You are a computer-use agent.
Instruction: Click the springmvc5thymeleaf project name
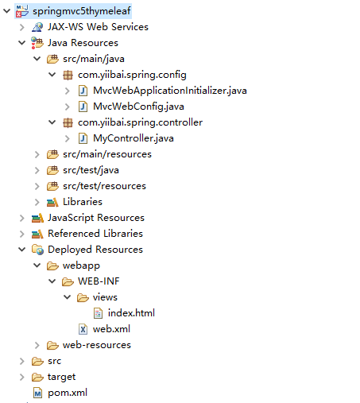[82, 11]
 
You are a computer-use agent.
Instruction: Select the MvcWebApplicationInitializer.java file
[170, 91]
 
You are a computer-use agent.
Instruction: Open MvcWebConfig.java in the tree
[138, 107]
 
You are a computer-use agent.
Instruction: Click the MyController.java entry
[134, 138]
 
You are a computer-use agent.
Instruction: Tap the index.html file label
[131, 313]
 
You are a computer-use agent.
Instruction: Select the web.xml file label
[111, 329]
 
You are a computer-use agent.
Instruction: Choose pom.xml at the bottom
[68, 393]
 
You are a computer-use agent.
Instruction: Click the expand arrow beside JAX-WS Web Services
[22, 27]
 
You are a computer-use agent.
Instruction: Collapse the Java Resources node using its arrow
[21, 43]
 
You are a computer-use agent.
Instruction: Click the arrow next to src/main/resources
[37, 154]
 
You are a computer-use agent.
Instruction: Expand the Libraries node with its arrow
[37, 202]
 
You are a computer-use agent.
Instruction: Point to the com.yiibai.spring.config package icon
[68, 75]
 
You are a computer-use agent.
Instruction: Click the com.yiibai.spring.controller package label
[140, 122]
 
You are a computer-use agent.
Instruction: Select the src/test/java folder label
[91, 170]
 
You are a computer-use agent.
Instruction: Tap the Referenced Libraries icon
[37, 234]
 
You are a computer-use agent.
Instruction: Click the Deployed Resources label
[95, 250]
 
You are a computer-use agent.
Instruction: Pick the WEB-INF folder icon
[68, 281]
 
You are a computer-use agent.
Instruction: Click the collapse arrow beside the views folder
[68, 297]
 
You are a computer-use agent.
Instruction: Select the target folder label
[61, 377]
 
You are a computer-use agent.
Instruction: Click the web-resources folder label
[97, 345]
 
